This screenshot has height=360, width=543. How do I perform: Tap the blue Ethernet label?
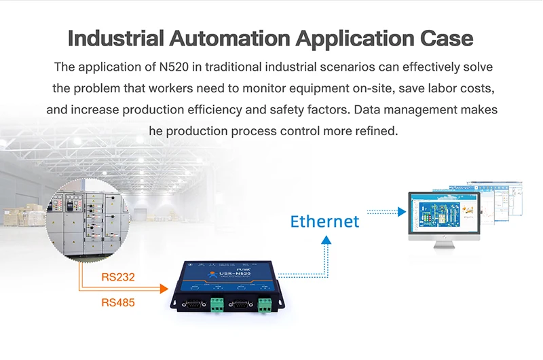(324, 221)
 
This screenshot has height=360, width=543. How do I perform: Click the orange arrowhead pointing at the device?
(163, 289)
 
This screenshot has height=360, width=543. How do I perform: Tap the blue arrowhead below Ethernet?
(326, 240)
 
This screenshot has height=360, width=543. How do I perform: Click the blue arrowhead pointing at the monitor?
(401, 212)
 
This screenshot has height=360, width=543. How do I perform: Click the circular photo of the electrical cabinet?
(88, 222)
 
